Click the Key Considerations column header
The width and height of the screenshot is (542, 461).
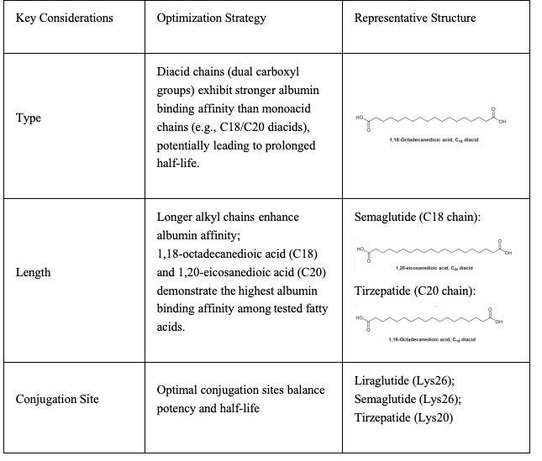(64, 18)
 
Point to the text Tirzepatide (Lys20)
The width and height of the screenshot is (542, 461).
(404, 417)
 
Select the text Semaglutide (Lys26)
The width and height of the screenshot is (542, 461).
(408, 400)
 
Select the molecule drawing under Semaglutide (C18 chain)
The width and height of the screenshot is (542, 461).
(434, 252)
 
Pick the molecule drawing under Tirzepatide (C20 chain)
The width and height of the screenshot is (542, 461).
(434, 322)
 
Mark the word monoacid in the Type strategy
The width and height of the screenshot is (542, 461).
(287, 127)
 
